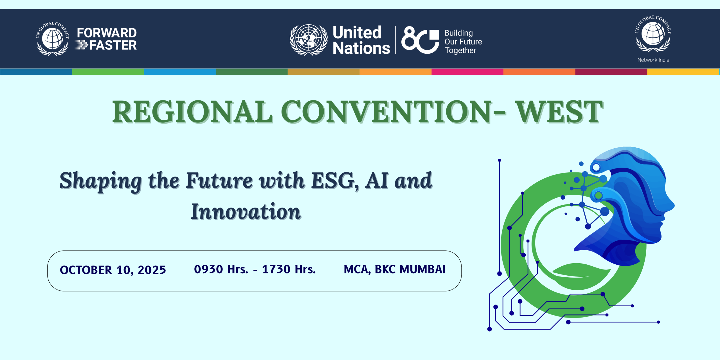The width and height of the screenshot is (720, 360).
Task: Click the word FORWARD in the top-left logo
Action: point(107,33)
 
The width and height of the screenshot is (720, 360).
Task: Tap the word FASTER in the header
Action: point(113,45)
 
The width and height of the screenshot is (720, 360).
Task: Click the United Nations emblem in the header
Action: point(309,40)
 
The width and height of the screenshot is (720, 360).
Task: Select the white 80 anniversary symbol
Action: point(420,40)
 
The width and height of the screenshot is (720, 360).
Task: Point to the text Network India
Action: point(653,60)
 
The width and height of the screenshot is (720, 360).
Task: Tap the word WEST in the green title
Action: point(559,112)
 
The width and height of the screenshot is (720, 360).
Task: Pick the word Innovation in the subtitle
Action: point(246,211)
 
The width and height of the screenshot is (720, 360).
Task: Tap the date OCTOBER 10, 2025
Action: point(113,270)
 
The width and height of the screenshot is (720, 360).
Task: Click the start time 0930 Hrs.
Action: point(221,269)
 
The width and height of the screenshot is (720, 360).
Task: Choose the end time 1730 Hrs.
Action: point(289,269)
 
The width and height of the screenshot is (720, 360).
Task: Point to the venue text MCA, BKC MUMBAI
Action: point(395,269)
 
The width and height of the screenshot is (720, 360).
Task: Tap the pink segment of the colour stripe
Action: point(467,72)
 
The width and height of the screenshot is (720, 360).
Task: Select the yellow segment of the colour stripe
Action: point(683,72)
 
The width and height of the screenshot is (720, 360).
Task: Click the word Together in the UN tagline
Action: point(460,50)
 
